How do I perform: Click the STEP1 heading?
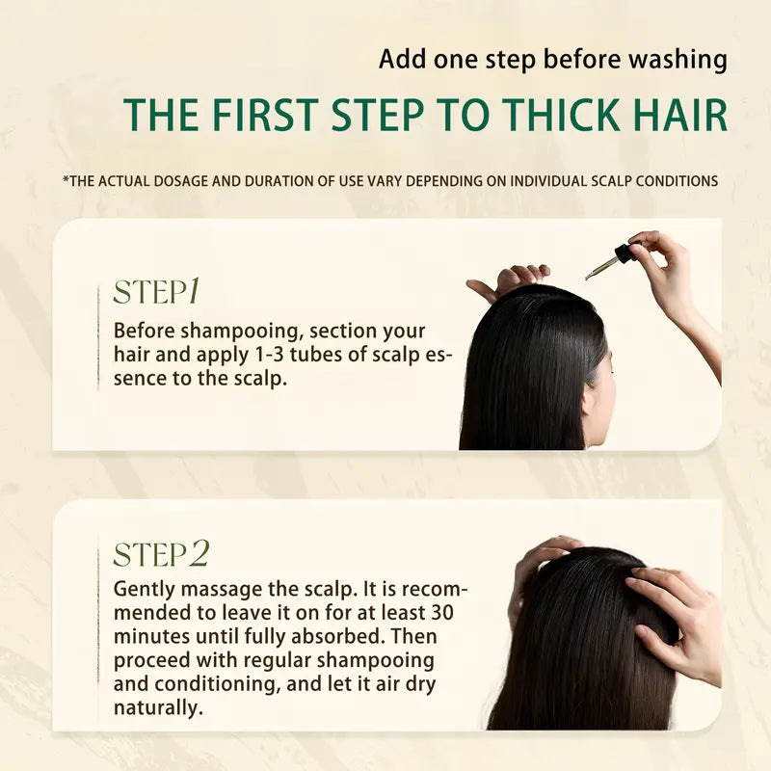[x=156, y=291]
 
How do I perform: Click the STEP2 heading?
[x=161, y=554]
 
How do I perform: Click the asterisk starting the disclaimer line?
[x=65, y=180]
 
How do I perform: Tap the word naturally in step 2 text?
[x=159, y=708]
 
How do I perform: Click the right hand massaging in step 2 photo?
[x=675, y=617]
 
